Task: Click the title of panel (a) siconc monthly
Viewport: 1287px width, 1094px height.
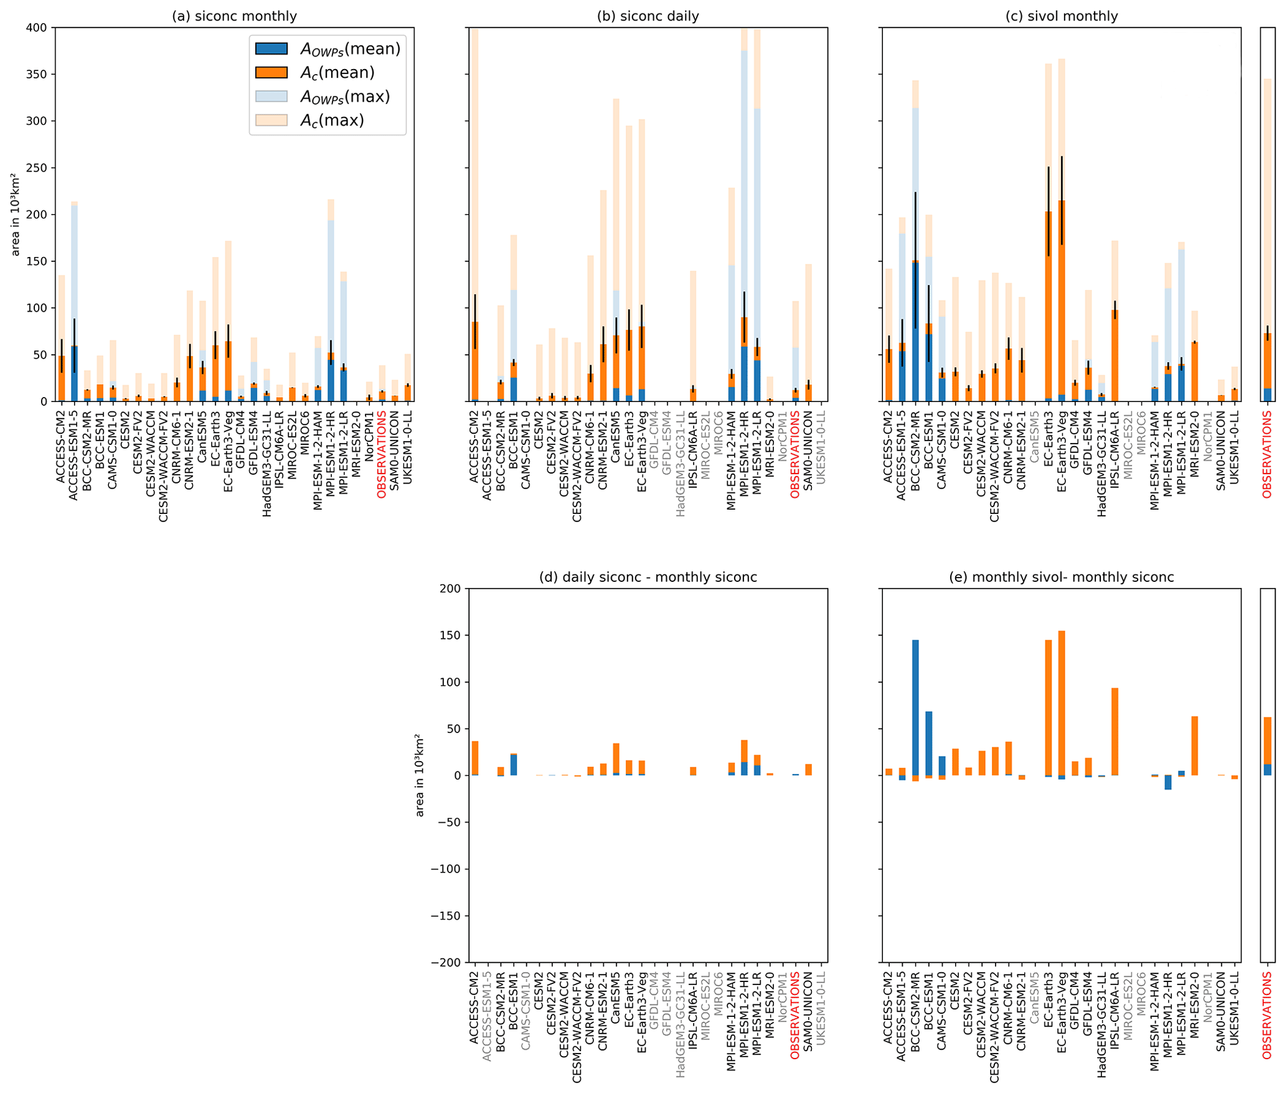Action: coord(234,16)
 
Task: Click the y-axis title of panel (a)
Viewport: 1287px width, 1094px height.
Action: coord(16,215)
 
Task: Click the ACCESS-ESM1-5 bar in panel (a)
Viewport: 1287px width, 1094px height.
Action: coord(75,373)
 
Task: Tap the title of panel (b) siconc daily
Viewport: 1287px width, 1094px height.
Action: coord(648,16)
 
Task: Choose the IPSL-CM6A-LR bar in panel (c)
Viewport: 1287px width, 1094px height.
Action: coord(1115,355)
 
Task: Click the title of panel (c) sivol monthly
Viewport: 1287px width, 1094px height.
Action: coord(1061,16)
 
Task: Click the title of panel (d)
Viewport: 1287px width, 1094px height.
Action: coord(648,577)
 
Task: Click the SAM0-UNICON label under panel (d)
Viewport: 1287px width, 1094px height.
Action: coord(808,1007)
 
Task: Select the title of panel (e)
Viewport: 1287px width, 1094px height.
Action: coord(1061,577)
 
